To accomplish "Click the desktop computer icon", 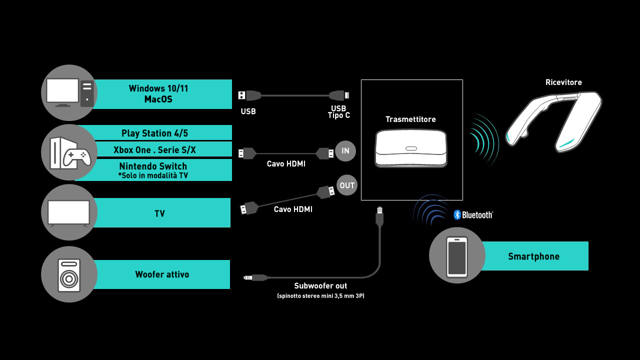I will [x=69, y=92].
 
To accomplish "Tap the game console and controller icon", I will [x=69, y=152].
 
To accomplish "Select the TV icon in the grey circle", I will [x=68, y=212].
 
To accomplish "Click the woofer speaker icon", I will [x=69, y=274].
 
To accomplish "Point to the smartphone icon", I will [x=457, y=256].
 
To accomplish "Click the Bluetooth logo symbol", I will [x=457, y=214].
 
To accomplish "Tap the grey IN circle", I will [x=345, y=151].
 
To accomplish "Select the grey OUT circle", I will [x=347, y=185].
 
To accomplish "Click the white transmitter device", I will [x=410, y=148].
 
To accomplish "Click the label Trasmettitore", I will [x=410, y=119].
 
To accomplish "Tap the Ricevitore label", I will [x=563, y=82].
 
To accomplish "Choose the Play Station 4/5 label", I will [x=155, y=133].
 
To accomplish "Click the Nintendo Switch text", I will [x=153, y=166].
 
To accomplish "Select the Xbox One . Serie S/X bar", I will [x=155, y=149].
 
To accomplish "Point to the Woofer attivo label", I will [x=162, y=274].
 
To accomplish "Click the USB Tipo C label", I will [x=338, y=112].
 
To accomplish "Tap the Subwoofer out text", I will [x=320, y=286].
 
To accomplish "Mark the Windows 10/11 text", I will [x=158, y=88].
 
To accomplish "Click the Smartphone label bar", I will [x=533, y=256].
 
